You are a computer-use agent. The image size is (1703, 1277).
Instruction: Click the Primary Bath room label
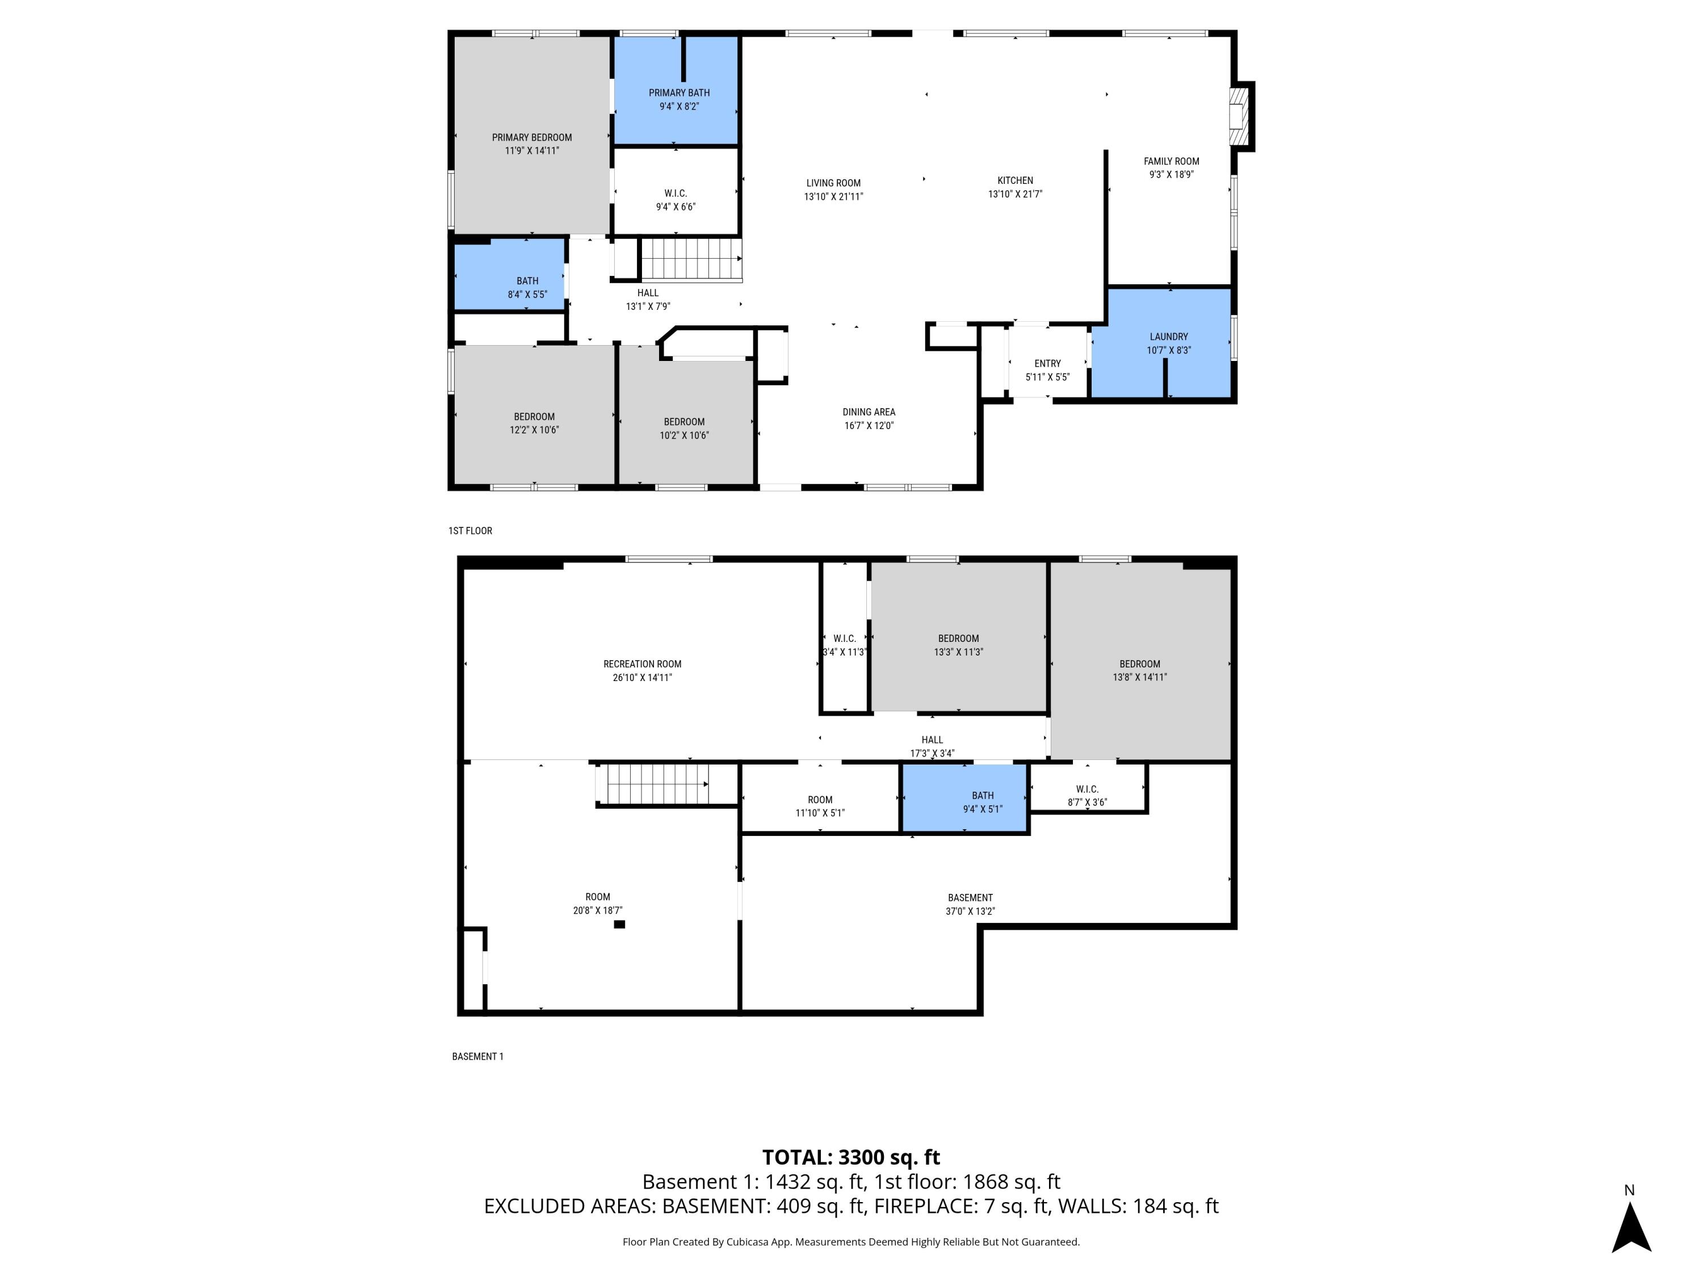[678, 93]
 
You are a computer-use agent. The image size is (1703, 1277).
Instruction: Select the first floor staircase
[691, 259]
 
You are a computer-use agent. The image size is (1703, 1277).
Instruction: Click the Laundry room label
[1168, 337]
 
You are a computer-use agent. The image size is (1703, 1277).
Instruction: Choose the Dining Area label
[869, 412]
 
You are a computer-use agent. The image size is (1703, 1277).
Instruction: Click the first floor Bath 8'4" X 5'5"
[527, 287]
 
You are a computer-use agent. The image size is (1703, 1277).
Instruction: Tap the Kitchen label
[1015, 180]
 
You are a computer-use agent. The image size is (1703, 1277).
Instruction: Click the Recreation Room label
[642, 663]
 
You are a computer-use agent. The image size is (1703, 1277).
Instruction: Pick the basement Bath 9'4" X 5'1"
[983, 802]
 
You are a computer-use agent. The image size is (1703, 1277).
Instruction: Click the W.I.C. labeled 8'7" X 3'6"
[1087, 795]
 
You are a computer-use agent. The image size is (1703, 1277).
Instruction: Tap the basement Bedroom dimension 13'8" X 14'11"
[1139, 677]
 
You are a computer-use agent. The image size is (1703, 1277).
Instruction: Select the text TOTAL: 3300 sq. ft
[851, 1157]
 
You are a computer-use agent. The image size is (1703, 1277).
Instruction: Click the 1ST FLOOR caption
[469, 530]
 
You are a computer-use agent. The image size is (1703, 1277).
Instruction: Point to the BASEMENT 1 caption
[477, 1056]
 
